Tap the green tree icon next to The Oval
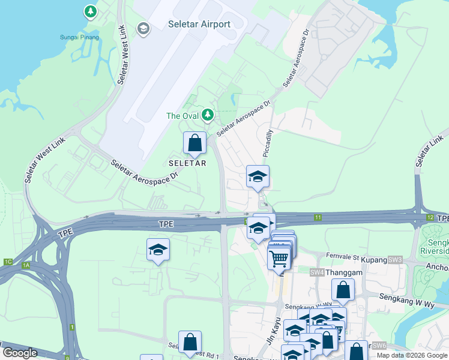[208, 114]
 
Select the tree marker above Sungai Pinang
[90, 11]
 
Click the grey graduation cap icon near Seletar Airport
[143, 28]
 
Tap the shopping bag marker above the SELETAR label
[194, 143]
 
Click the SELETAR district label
[187, 163]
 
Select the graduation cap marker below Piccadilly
[258, 176]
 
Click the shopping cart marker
[279, 259]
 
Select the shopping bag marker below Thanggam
[343, 290]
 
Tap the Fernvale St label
[342, 256]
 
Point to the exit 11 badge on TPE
[318, 217]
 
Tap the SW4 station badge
[318, 272]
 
